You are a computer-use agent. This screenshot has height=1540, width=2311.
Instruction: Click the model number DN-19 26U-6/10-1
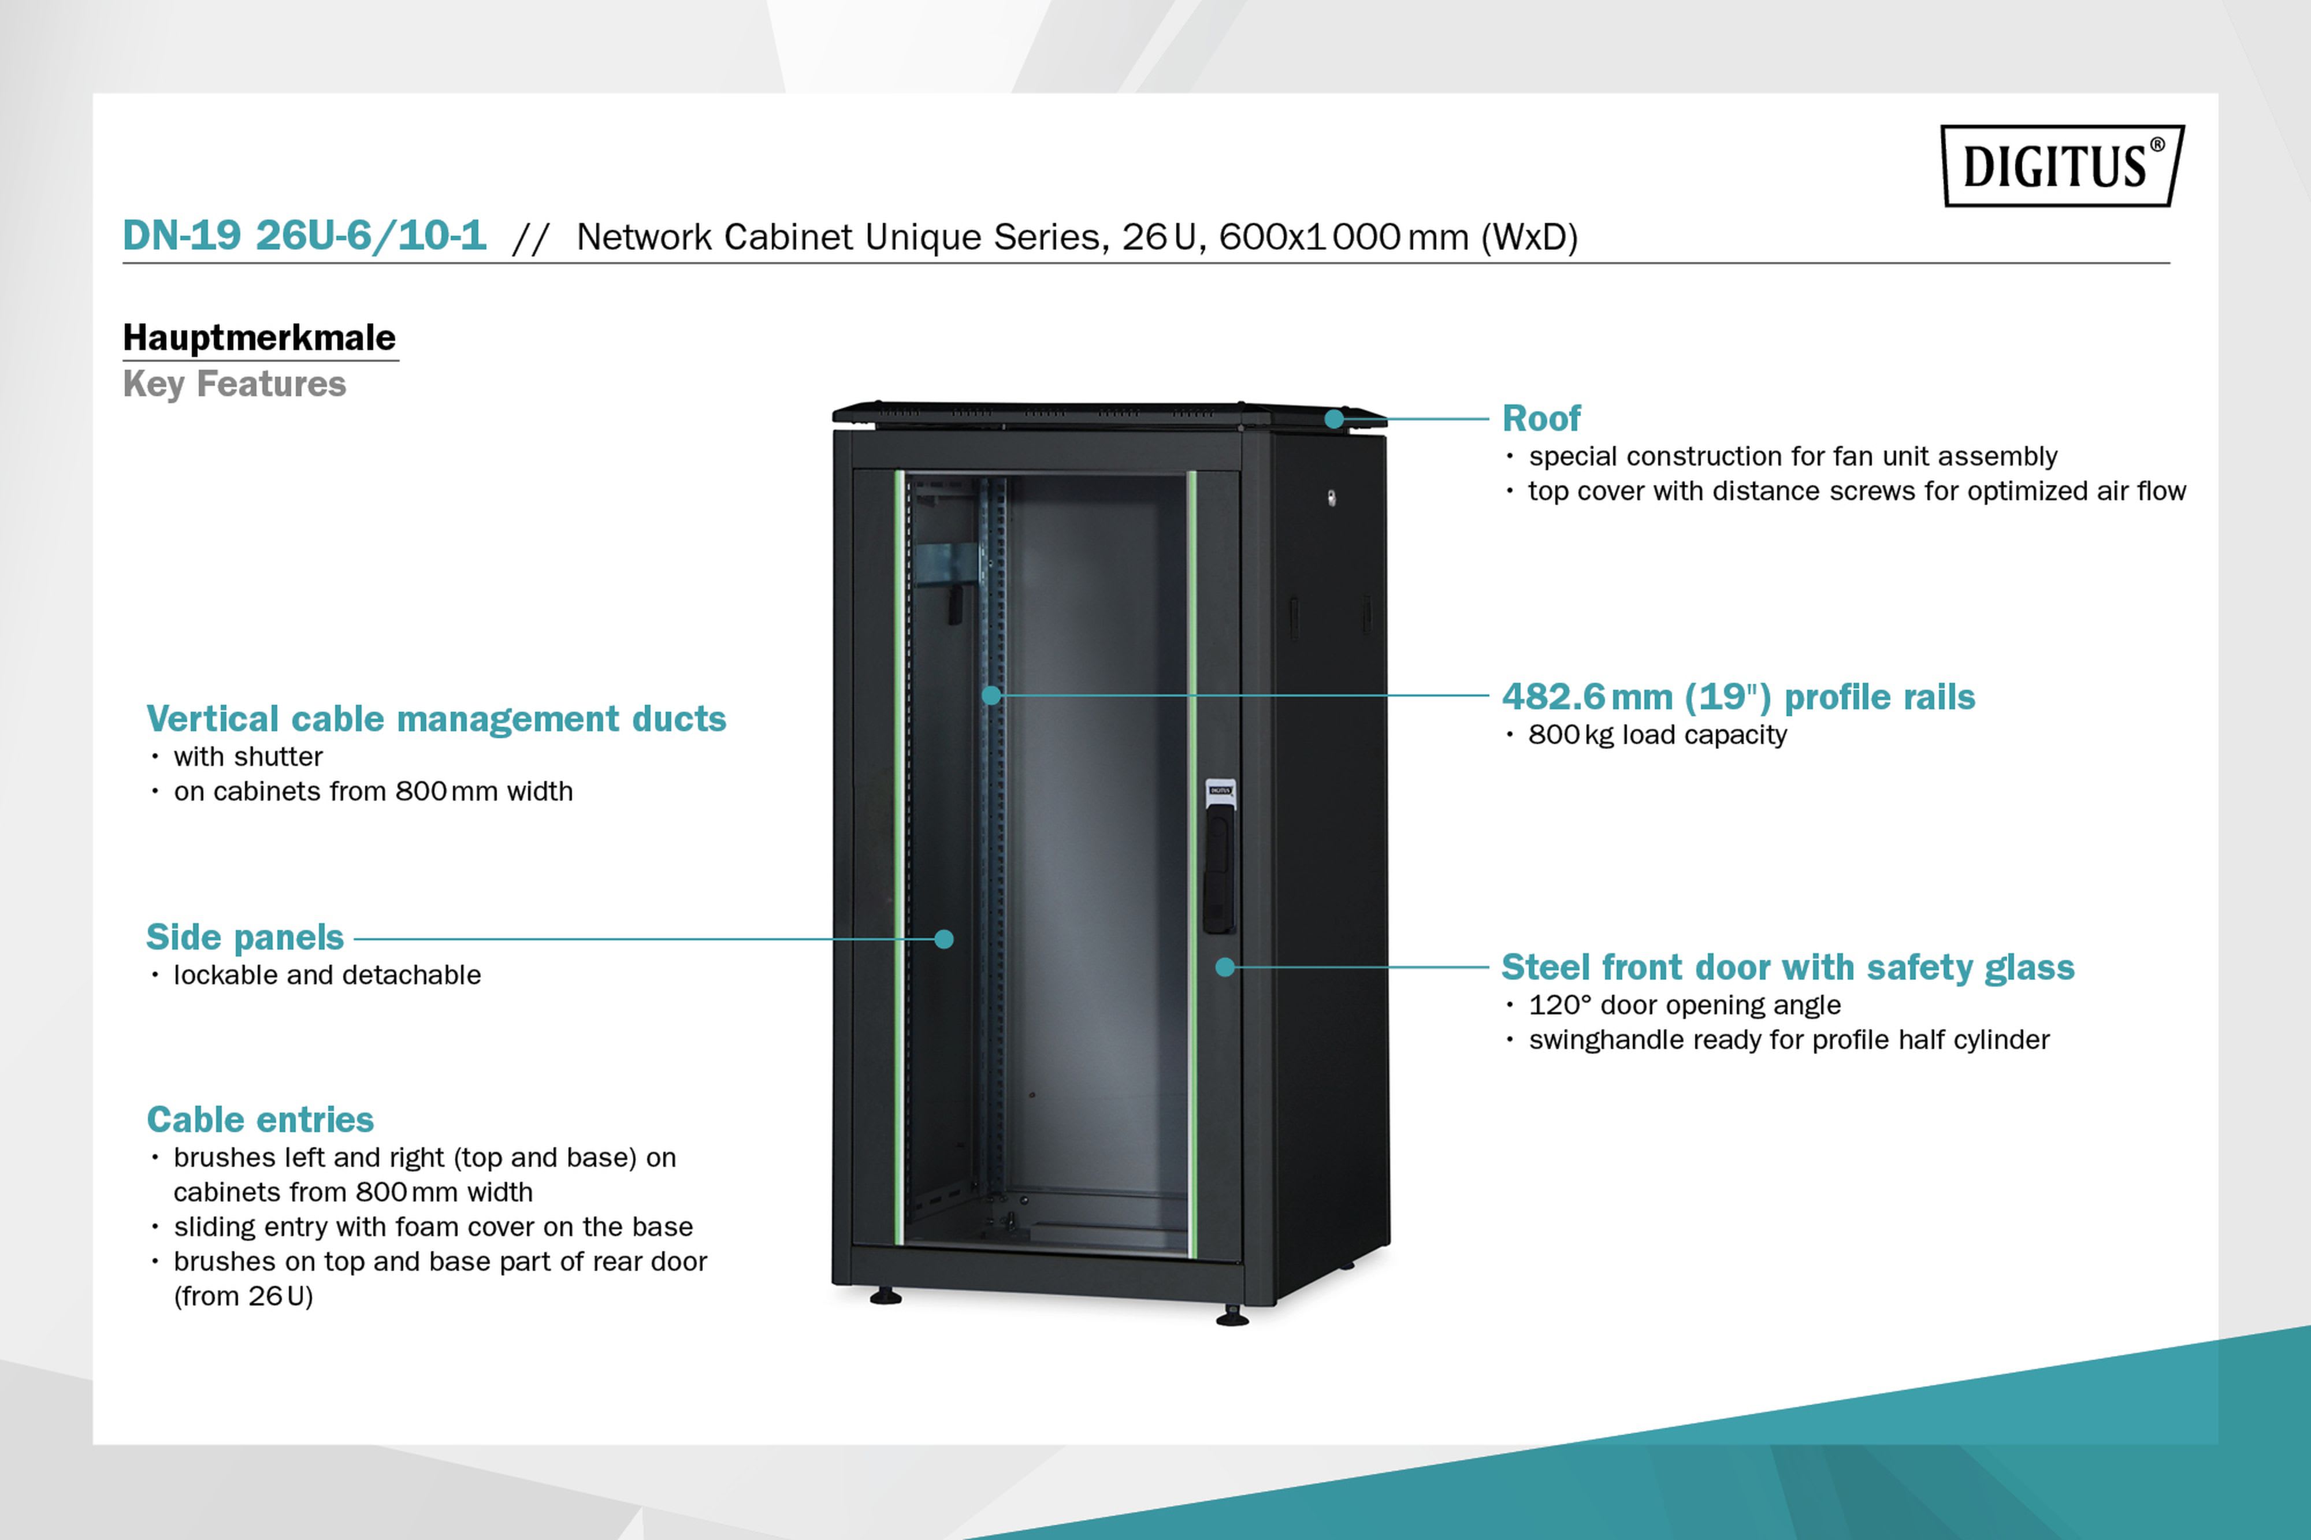304,236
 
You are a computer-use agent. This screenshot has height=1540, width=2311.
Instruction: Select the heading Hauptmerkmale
259,338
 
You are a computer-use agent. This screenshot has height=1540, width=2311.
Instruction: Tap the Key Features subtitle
235,384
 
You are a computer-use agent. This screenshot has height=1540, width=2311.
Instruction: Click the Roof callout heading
1541,418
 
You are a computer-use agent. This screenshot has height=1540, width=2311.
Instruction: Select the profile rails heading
1737,697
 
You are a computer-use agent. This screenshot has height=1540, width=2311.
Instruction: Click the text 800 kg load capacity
1657,735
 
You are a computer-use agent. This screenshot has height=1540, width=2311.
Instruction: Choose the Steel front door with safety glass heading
1788,968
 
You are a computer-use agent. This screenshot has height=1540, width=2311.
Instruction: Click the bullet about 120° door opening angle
1684,1005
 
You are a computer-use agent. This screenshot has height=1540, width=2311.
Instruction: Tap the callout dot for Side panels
944,939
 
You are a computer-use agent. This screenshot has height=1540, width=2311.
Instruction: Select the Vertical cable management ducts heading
436,719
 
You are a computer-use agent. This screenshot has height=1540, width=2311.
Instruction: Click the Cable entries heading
260,1119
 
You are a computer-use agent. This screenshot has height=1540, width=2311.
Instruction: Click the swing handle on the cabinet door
1219,854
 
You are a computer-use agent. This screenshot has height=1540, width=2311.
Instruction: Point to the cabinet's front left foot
885,1296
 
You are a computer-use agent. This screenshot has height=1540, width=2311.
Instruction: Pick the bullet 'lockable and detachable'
327,975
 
